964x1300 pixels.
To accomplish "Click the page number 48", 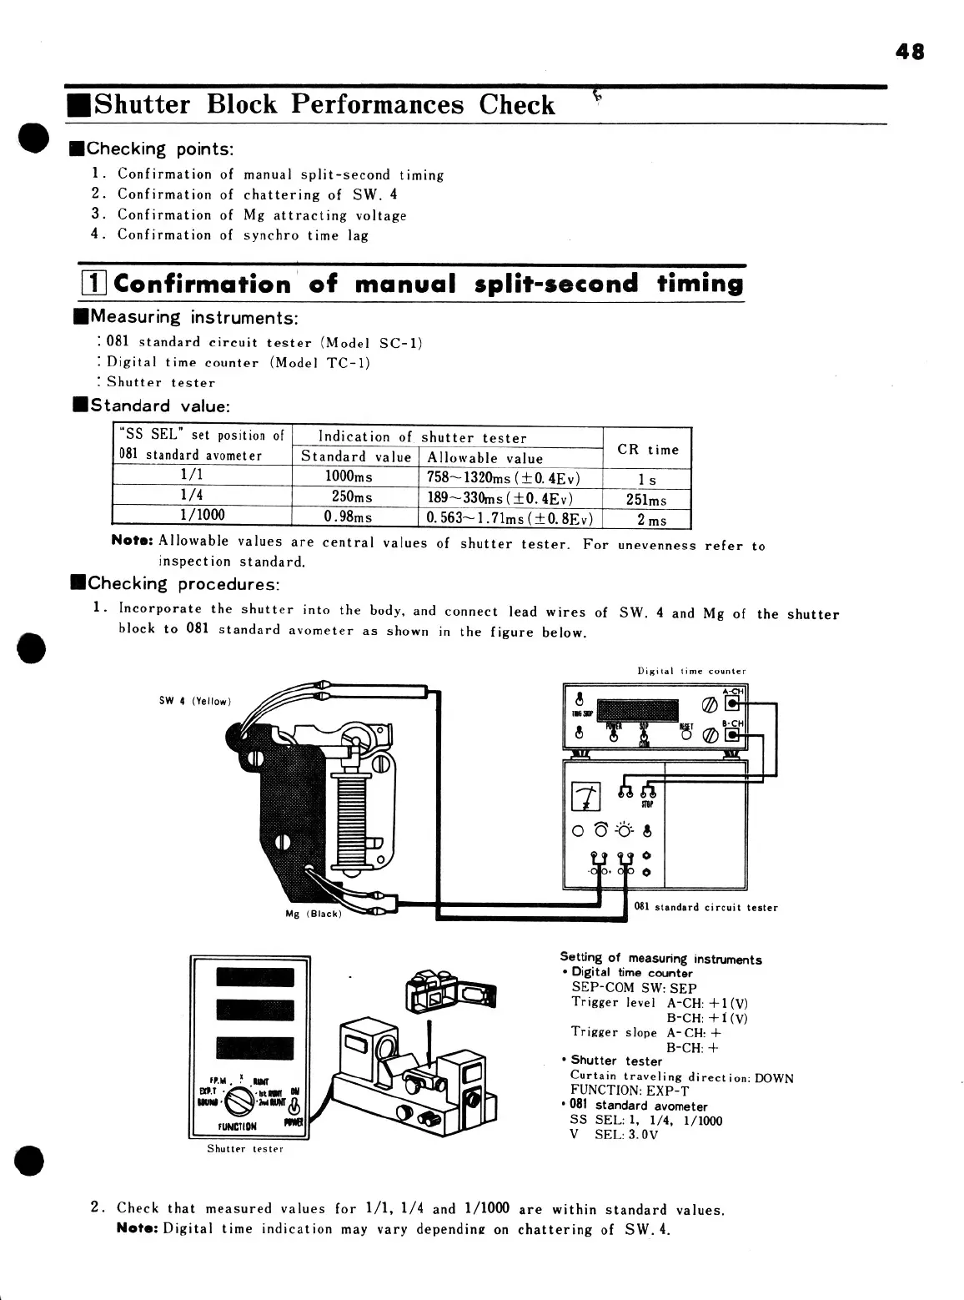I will [910, 52].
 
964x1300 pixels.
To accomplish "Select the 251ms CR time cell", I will [646, 500].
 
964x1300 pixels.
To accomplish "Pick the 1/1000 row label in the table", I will [202, 516].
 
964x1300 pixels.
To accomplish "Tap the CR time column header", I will [648, 450].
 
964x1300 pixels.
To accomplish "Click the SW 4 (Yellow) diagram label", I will [194, 701].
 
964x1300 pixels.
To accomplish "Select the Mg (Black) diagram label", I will [313, 913].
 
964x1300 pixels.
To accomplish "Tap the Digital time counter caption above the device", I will [691, 671].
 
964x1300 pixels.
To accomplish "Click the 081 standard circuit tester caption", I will [705, 907].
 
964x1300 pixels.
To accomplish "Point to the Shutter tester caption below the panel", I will [245, 1149].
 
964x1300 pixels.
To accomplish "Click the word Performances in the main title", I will [378, 105].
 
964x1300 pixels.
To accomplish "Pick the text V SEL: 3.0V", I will [614, 1136].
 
